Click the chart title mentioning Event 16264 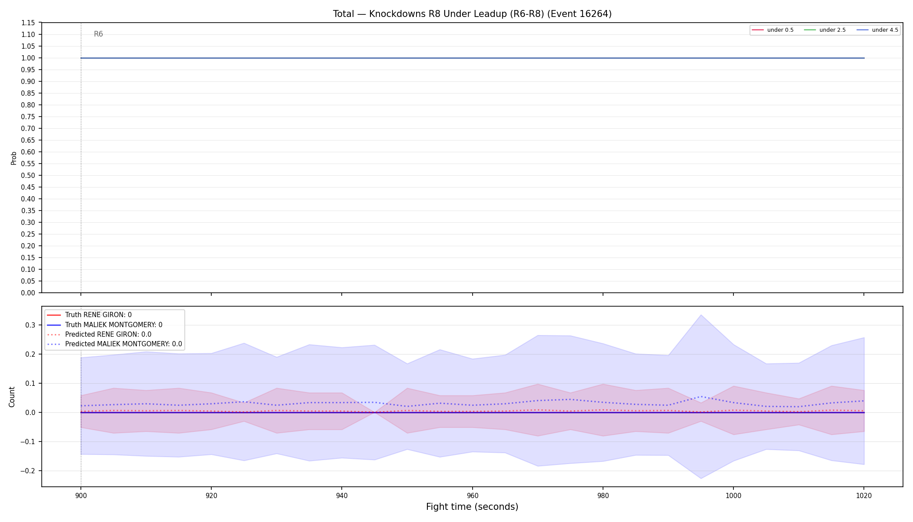[x=472, y=14]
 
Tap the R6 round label [x=98, y=34]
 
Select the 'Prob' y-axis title [x=13, y=158]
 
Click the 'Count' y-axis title [x=12, y=397]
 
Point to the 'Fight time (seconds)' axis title [x=472, y=507]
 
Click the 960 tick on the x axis [x=472, y=495]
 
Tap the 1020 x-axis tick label [x=864, y=495]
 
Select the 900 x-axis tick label [x=80, y=495]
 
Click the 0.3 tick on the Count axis [x=30, y=325]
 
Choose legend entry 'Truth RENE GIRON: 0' [x=98, y=315]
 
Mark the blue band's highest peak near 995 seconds [x=701, y=315]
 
